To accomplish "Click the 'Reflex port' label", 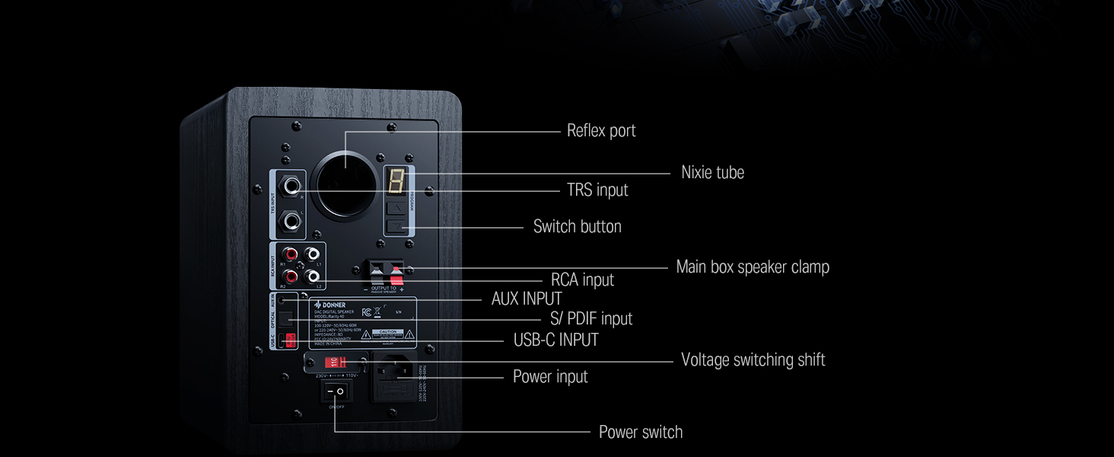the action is coord(600,131).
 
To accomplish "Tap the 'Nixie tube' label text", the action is coord(712,173).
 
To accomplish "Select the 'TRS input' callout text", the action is coord(597,190).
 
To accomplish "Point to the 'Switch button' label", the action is coord(577,227).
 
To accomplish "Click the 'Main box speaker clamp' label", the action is coord(752,267).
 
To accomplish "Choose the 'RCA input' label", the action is coord(582,280).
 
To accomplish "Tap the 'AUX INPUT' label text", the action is coord(527,299).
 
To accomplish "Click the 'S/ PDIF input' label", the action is coord(591,318).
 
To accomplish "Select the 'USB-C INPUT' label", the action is coord(555,340).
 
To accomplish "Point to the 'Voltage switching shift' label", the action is coord(753,360).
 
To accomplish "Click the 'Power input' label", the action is coord(550,377).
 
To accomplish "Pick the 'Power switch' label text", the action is coord(640,433).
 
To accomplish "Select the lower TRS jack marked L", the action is coord(291,222).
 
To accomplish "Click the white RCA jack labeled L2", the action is coord(313,276).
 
